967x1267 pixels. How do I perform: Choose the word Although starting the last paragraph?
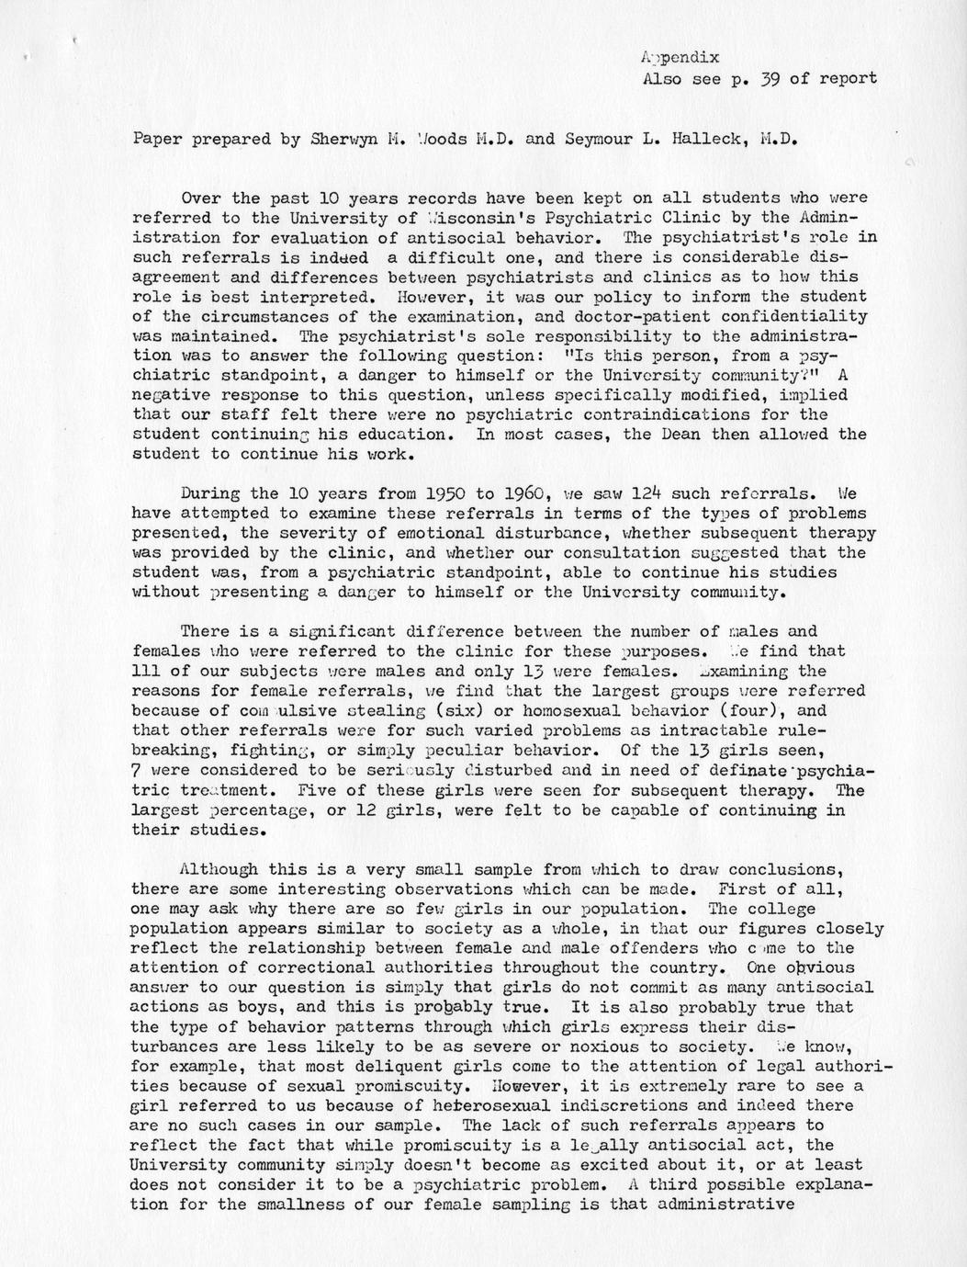(219, 869)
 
